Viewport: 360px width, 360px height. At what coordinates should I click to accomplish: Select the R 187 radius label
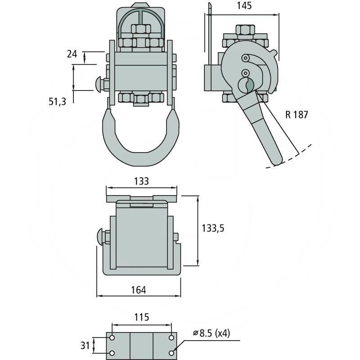pyautogui.click(x=297, y=115)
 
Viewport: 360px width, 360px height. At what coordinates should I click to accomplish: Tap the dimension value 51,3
pyautogui.click(x=58, y=102)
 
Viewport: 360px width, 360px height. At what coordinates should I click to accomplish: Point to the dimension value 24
pyautogui.click(x=72, y=54)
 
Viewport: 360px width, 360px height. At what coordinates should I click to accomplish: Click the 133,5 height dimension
pyautogui.click(x=213, y=228)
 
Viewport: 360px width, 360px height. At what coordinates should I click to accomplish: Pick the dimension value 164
pyautogui.click(x=139, y=290)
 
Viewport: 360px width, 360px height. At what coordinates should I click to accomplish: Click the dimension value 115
pyautogui.click(x=141, y=317)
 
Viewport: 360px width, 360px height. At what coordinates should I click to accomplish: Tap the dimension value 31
pyautogui.click(x=85, y=346)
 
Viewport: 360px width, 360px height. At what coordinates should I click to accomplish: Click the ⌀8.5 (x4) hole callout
pyautogui.click(x=211, y=333)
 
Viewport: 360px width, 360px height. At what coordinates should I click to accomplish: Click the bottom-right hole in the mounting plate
pyautogui.click(x=171, y=353)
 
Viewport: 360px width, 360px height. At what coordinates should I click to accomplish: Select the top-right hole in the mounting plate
pyautogui.click(x=171, y=338)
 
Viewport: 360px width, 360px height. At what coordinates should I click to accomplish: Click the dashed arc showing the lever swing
pyautogui.click(x=288, y=160)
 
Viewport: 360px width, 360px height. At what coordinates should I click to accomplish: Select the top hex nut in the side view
pyautogui.click(x=246, y=30)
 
